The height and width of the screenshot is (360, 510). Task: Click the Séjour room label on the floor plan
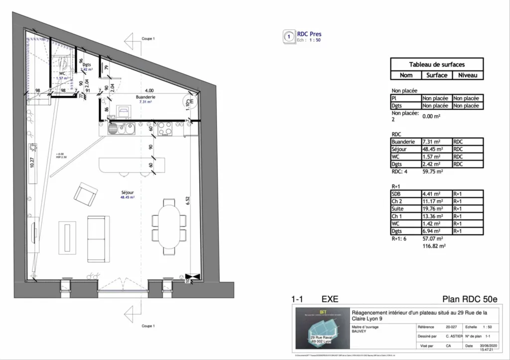tap(127, 192)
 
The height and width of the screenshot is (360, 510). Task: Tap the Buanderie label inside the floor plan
tap(146, 97)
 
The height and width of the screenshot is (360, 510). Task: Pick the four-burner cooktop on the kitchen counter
tap(165, 129)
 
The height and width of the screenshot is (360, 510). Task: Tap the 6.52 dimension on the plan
tap(188, 201)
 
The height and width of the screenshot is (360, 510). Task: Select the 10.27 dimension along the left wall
tap(32, 164)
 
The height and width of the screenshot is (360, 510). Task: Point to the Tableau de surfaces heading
tap(436, 65)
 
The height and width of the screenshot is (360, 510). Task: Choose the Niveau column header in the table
tap(467, 75)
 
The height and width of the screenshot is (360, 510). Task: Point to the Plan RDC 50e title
tap(469, 299)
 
